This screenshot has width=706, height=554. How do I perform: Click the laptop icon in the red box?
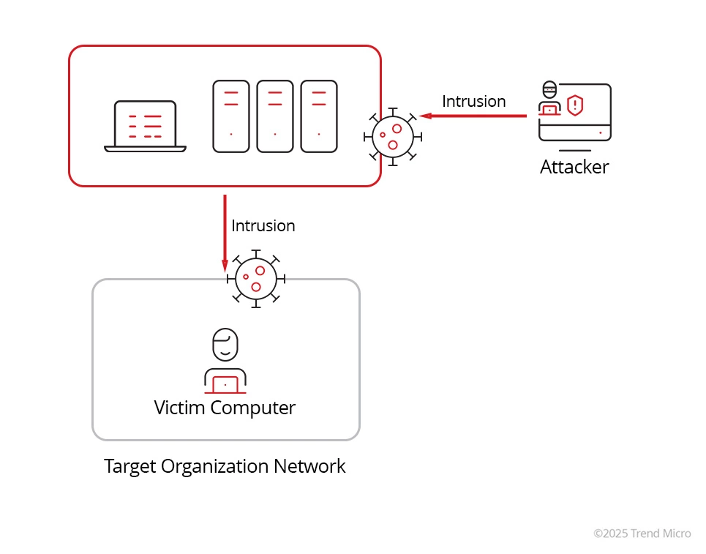tap(145, 126)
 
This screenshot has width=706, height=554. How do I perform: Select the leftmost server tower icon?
tap(231, 116)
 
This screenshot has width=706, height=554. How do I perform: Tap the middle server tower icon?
tap(275, 116)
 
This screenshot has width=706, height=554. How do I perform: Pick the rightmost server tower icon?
tap(319, 116)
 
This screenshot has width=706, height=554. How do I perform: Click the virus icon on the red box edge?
tap(392, 136)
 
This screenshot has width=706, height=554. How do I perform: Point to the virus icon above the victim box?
tap(255, 279)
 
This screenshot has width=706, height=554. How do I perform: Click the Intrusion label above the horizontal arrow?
tap(473, 101)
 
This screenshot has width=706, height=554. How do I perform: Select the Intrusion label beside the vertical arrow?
tap(263, 225)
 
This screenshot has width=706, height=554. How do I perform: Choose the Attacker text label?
tap(574, 167)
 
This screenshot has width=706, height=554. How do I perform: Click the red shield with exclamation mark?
tap(576, 105)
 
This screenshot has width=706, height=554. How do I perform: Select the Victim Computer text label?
tap(225, 408)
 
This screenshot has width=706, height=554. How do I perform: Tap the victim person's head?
tap(225, 344)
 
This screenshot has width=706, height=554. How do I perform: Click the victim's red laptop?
tap(225, 383)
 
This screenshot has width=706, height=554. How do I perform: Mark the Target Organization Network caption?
tap(225, 466)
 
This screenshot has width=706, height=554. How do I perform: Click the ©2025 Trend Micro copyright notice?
tap(642, 534)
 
